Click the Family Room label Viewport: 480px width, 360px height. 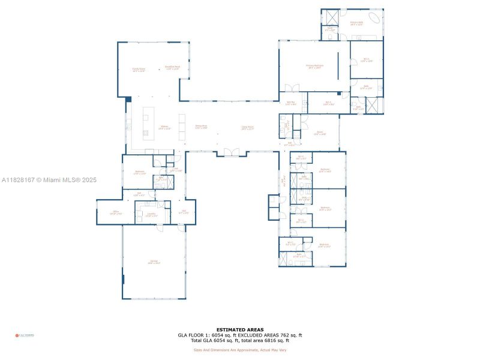[x=139, y=69]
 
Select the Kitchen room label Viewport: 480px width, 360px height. [x=164, y=127]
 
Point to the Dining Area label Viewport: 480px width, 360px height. [x=201, y=127]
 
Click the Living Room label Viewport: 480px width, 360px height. [x=248, y=127]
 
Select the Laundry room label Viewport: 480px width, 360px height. [x=152, y=214]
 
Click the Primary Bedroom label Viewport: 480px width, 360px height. [x=314, y=66]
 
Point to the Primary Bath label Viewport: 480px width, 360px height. [x=356, y=24]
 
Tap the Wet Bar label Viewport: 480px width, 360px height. [x=290, y=103]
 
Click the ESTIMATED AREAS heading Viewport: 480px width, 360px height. [x=239, y=329]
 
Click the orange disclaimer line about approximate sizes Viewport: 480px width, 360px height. [x=239, y=350]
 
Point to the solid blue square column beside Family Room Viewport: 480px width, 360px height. [x=128, y=99]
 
